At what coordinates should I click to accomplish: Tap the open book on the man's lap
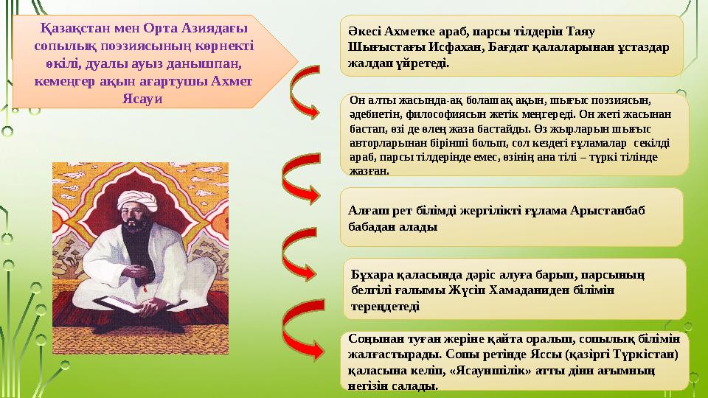122,302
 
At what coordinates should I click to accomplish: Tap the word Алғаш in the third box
366,211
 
